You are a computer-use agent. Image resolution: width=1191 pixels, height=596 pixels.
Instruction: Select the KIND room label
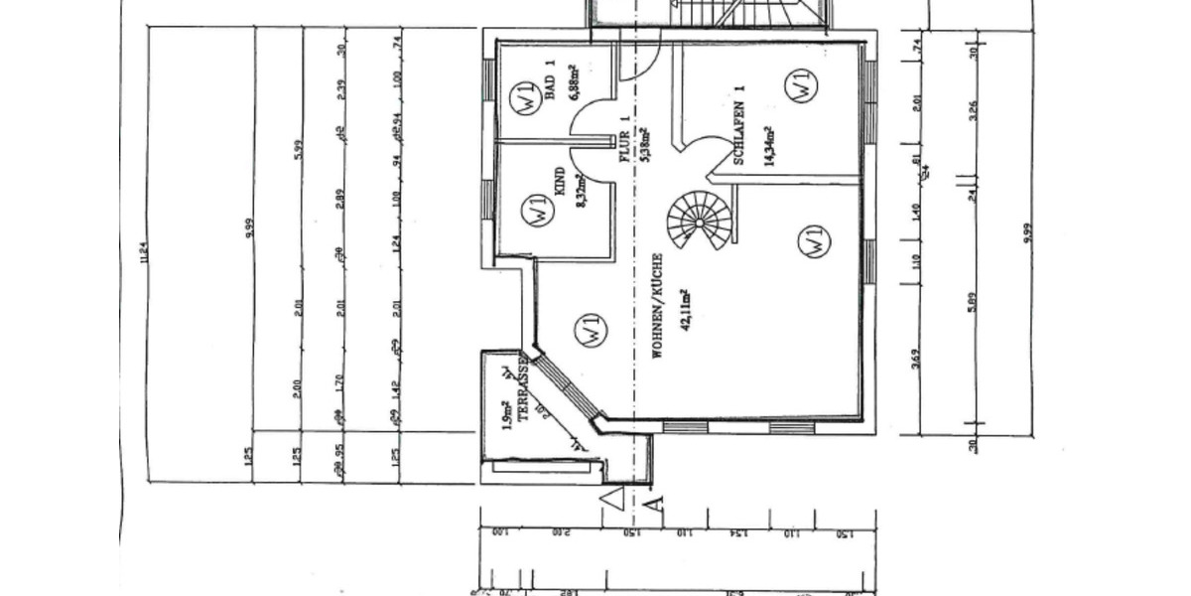click(561, 184)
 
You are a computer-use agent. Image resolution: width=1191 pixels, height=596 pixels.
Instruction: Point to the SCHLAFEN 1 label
click(739, 126)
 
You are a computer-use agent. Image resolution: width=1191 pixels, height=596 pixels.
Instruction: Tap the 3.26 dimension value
click(974, 108)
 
